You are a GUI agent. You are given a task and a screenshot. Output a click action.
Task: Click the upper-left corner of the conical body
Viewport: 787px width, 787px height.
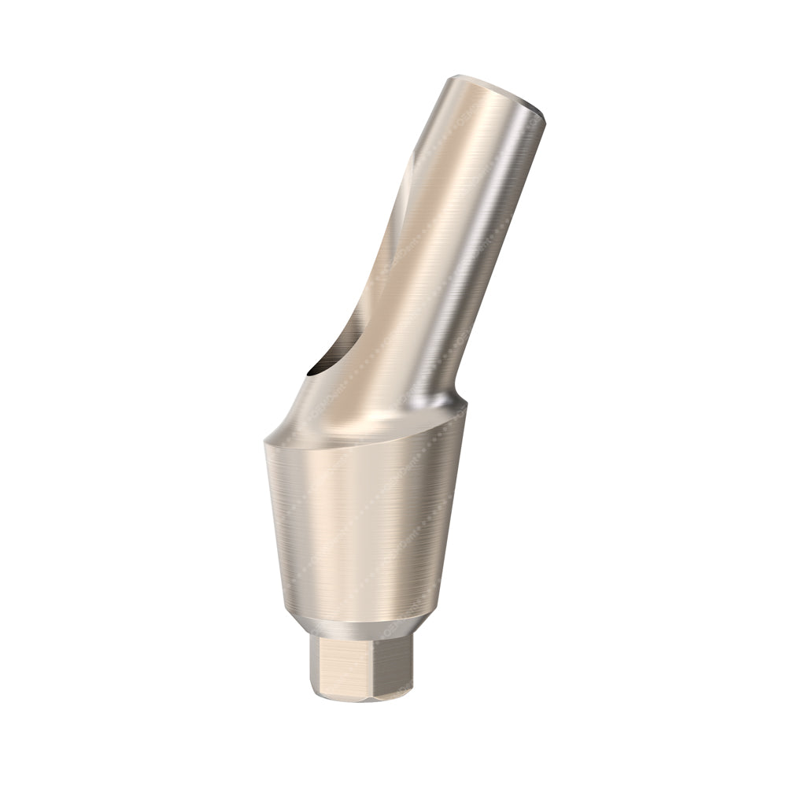(266, 443)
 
